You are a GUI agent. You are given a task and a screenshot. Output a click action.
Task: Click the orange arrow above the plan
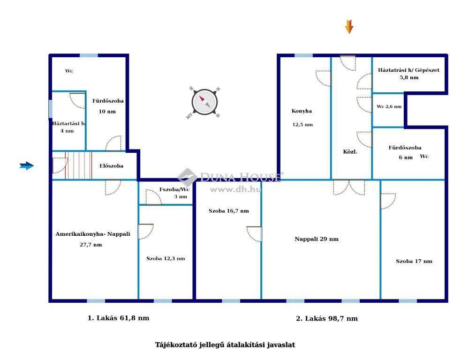point(349,27)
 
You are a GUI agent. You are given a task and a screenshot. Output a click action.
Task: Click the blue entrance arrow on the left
point(27,166)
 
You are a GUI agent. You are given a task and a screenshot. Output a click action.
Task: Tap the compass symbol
point(204,102)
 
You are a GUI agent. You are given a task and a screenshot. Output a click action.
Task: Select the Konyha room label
point(302,111)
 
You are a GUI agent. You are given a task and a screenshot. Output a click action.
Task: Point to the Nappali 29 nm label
point(317,239)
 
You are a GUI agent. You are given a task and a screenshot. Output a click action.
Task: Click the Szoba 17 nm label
point(414,261)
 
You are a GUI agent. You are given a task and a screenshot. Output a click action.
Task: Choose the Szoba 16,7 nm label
point(229,211)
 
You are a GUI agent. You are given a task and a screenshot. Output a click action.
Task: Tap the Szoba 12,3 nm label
point(166,259)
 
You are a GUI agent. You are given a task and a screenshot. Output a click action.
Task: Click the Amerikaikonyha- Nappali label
point(92,234)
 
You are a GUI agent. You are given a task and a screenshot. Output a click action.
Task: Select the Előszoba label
point(111,166)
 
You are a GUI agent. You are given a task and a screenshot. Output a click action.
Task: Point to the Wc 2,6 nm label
point(389,106)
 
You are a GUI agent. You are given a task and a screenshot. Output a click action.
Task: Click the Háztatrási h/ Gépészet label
point(408,70)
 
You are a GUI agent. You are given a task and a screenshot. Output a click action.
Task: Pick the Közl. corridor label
point(350,152)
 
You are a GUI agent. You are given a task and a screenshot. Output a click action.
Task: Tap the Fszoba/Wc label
point(174,189)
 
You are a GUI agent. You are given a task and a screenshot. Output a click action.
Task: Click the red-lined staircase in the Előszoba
point(78,165)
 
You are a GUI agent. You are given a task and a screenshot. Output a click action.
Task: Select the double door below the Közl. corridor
point(349,187)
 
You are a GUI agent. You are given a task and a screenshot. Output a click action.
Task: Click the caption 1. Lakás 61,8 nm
point(119,318)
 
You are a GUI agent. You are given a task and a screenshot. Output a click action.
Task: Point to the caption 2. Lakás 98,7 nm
point(327,318)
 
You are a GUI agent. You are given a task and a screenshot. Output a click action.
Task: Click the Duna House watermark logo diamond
point(187,177)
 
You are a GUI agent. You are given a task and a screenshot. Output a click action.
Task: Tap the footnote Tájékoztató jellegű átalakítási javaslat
point(225,345)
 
